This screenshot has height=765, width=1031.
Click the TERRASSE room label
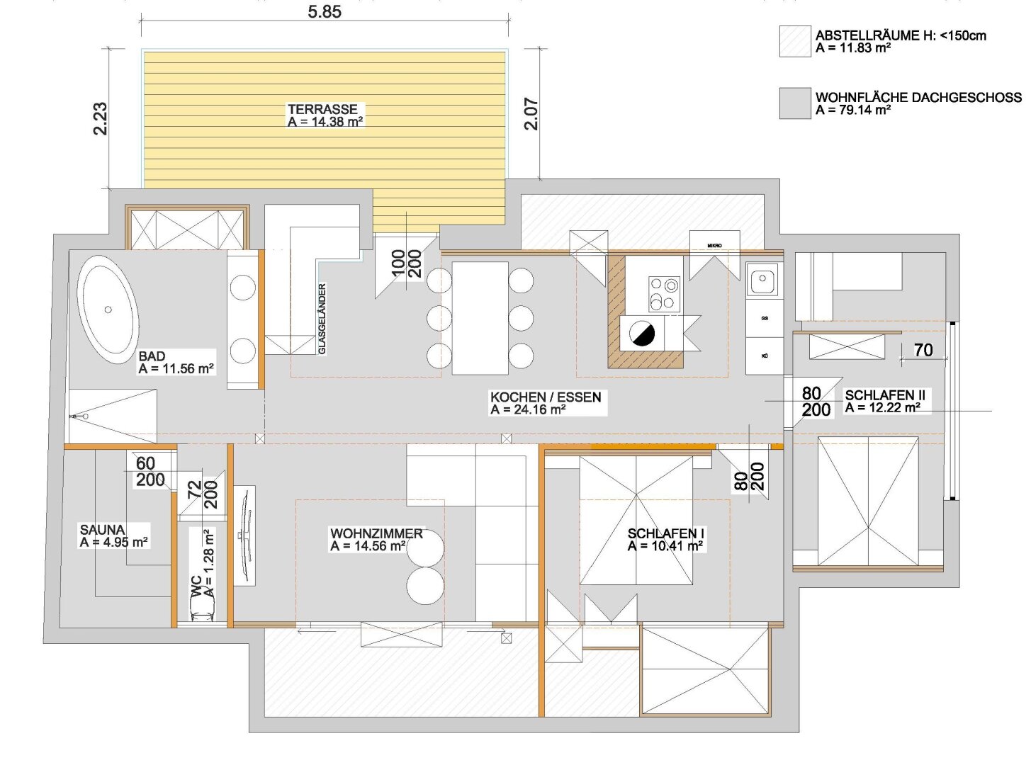click(x=322, y=109)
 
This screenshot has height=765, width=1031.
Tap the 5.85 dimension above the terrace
click(x=325, y=11)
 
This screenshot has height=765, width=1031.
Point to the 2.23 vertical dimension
click(x=101, y=119)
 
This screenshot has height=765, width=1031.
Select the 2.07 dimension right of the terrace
click(x=531, y=114)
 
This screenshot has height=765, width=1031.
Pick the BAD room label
click(x=152, y=356)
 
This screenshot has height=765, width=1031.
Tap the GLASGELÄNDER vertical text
click(x=322, y=319)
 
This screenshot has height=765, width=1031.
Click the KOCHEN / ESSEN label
click(x=546, y=397)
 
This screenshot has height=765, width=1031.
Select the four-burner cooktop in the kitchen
click(x=664, y=294)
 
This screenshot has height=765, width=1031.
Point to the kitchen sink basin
click(x=762, y=279)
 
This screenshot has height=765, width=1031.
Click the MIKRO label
click(x=714, y=245)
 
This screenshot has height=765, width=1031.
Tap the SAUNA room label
click(x=102, y=530)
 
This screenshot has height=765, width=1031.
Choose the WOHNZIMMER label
click(x=376, y=533)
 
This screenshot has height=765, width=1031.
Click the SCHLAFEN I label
click(x=662, y=533)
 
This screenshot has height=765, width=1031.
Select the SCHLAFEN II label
click(x=885, y=395)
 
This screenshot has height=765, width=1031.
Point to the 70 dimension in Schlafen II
click(x=923, y=350)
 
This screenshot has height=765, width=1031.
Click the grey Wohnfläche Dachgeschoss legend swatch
click(x=795, y=103)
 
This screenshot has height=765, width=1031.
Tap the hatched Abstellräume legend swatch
click(x=795, y=41)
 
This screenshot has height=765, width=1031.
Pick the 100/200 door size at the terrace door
click(x=407, y=263)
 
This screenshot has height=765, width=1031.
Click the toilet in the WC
click(x=203, y=606)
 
